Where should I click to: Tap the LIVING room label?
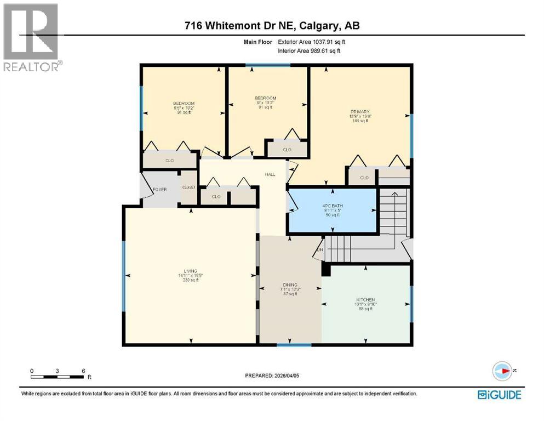click(x=190, y=270)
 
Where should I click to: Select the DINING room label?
click(x=290, y=285)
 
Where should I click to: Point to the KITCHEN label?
click(x=363, y=299)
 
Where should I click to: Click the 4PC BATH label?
click(x=332, y=206)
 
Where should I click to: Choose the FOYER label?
click(x=159, y=189)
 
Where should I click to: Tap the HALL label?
click(x=270, y=174)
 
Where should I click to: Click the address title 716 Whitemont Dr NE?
click(x=272, y=25)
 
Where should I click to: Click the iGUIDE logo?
click(x=499, y=394)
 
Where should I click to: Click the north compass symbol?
click(x=502, y=371)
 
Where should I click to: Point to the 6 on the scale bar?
click(x=83, y=371)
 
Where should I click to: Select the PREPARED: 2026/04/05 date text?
click(x=272, y=376)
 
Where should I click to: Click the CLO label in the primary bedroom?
click(x=364, y=178)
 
